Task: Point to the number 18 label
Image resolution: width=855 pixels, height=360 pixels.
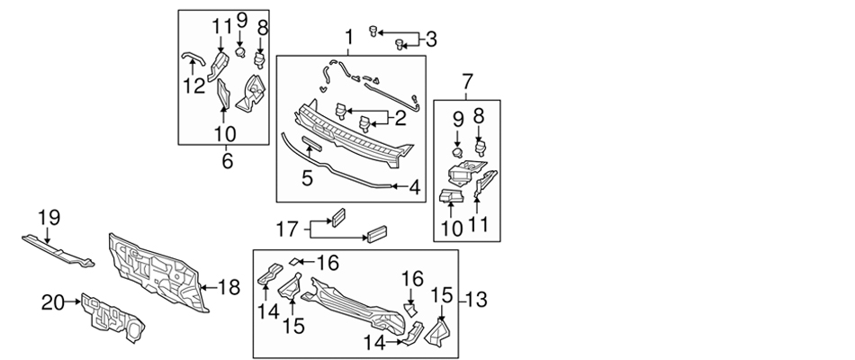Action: (x=229, y=287)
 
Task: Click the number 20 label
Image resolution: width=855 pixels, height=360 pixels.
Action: (x=53, y=303)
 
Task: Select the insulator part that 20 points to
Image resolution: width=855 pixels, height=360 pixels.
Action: (x=112, y=317)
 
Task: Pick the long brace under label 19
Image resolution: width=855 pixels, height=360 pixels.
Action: (x=58, y=249)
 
